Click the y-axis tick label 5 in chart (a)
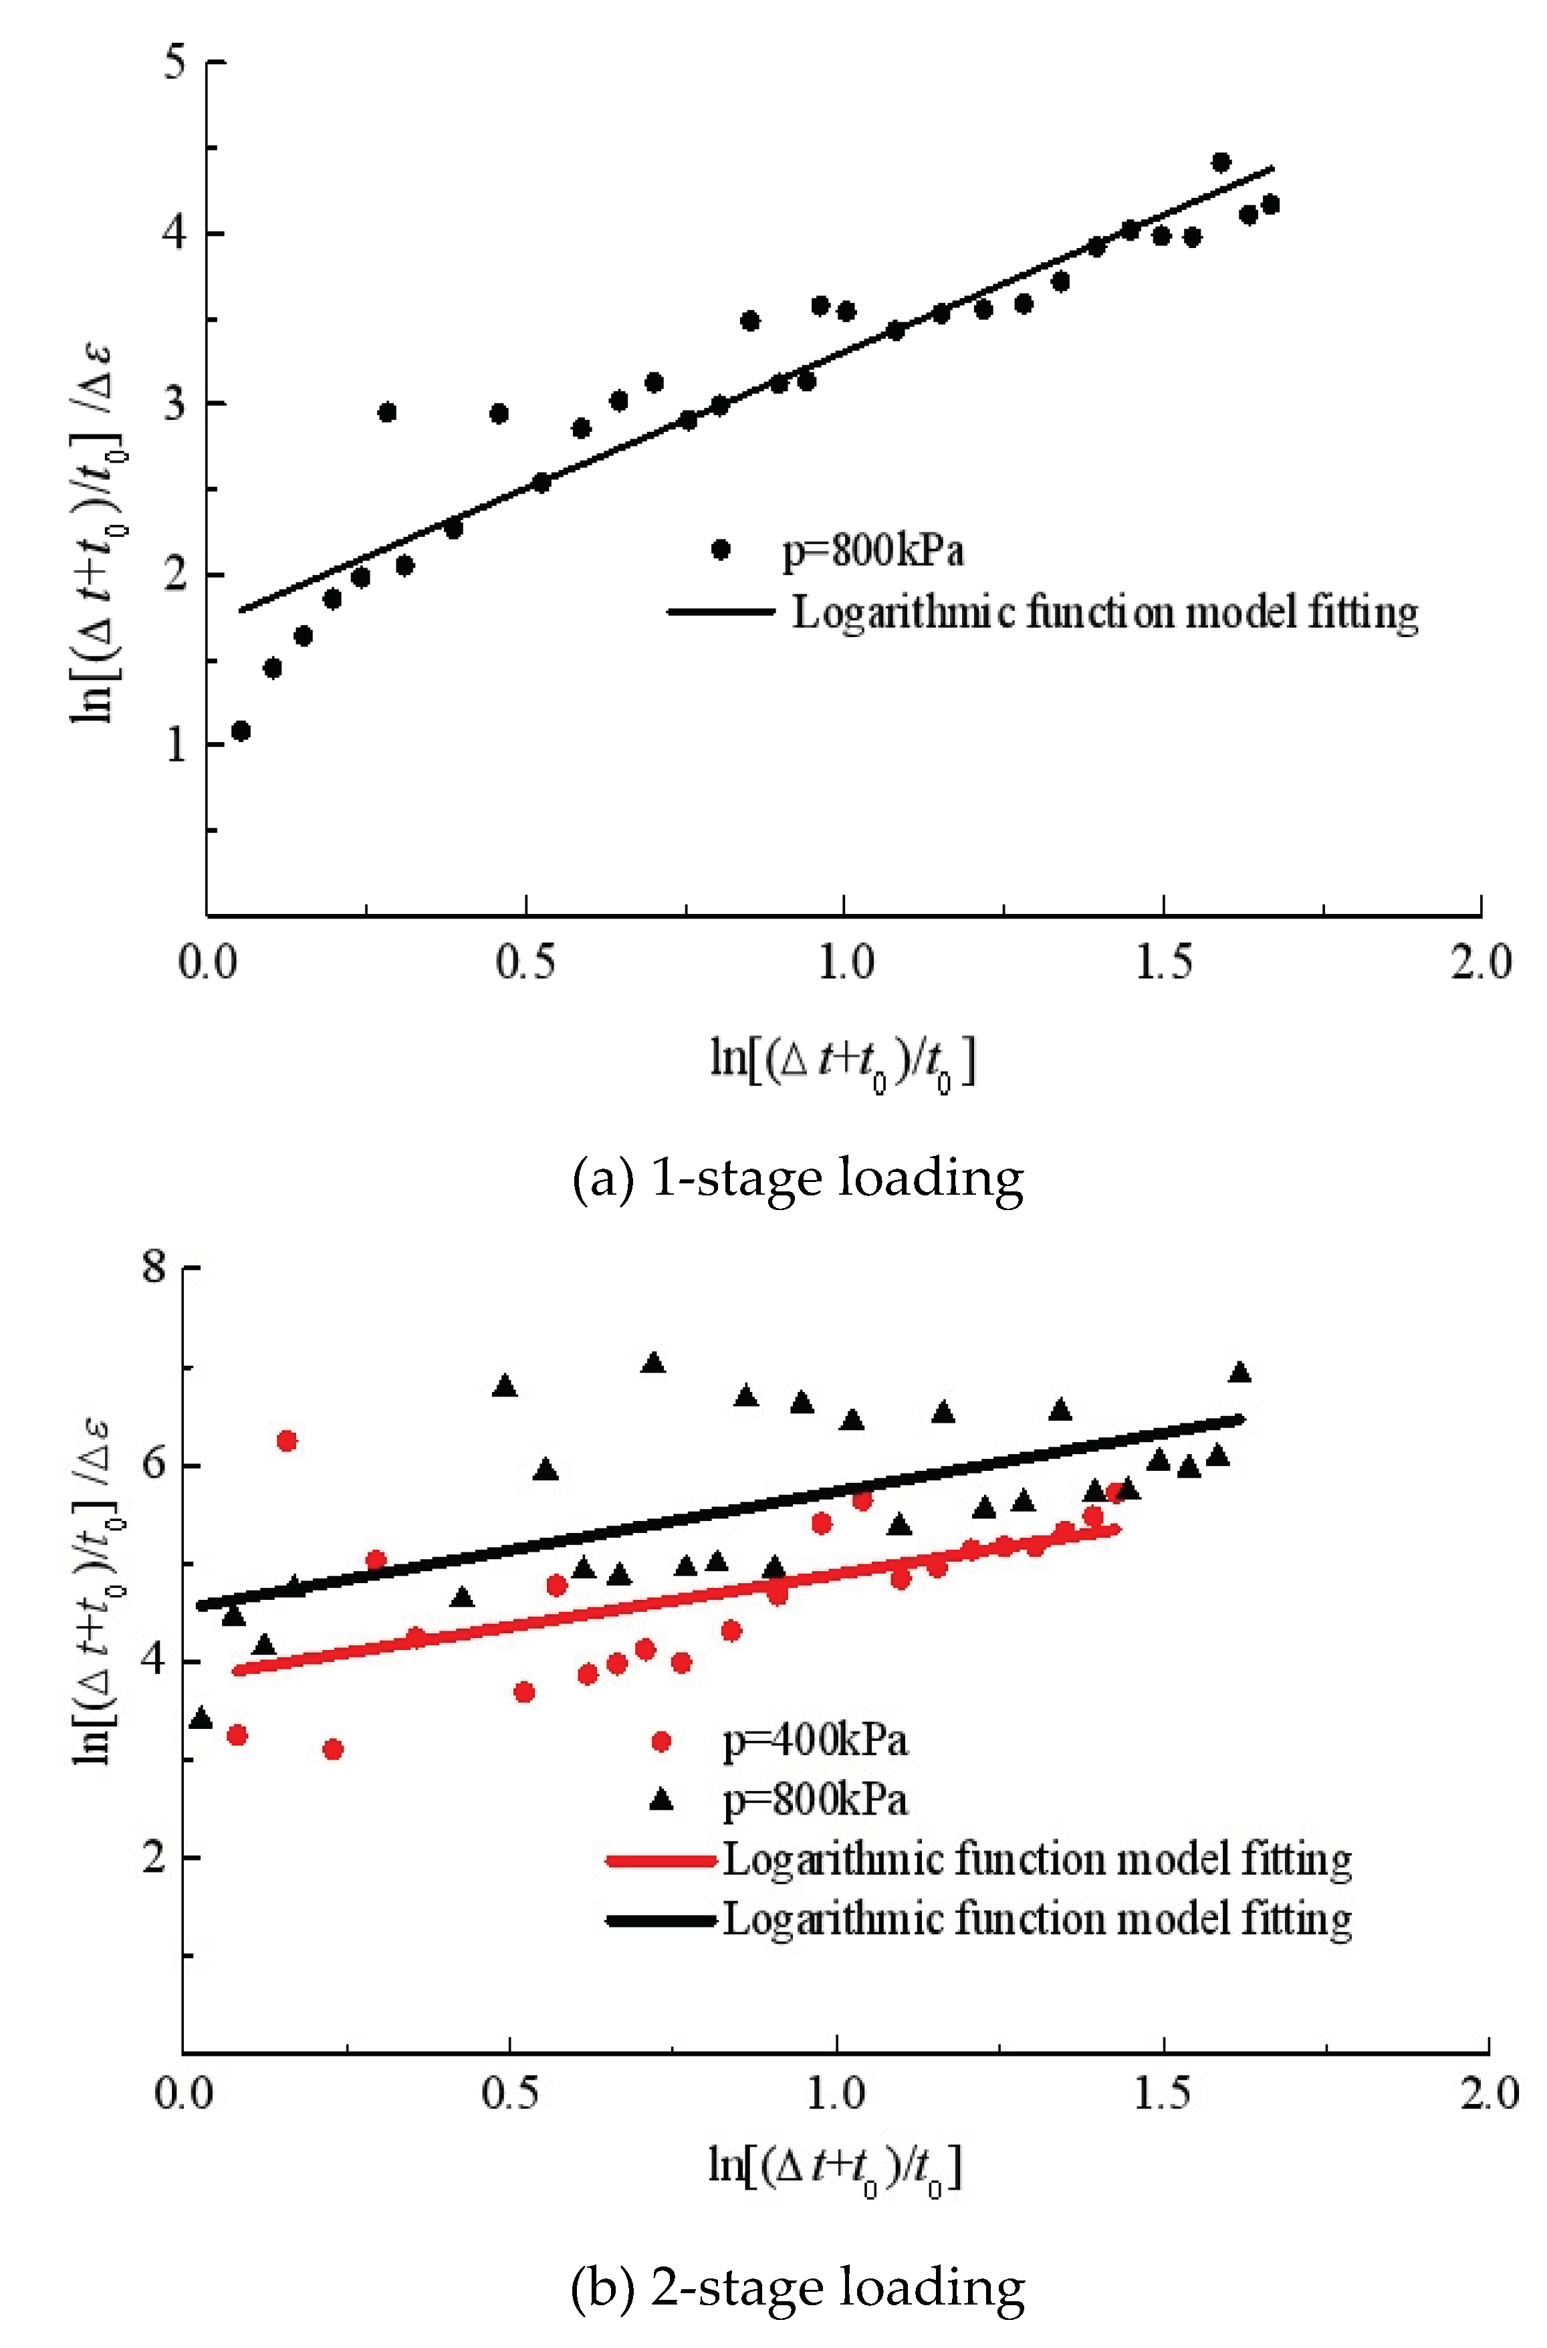[176, 63]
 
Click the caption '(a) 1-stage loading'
[797, 1178]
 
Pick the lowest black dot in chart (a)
[241, 731]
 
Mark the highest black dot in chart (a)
[1221, 162]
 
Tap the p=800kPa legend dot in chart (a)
[721, 550]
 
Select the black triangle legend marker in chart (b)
[661, 1800]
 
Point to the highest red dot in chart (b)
[287, 1441]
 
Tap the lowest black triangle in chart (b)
[201, 1720]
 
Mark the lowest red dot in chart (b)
[332, 1749]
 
